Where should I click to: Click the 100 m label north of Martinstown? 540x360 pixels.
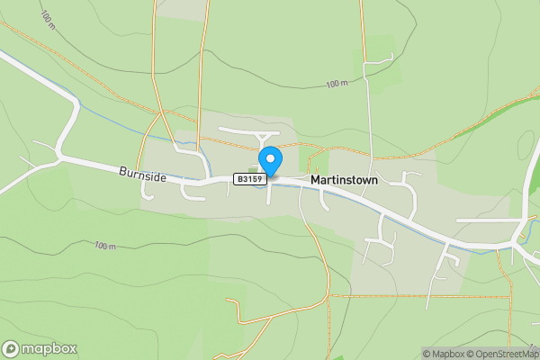coord(337,84)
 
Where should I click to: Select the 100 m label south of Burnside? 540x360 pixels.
coord(106,245)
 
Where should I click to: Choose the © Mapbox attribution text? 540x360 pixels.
coord(442,354)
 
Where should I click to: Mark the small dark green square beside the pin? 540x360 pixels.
coord(252,168)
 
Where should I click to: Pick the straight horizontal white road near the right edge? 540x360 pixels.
coord(486,220)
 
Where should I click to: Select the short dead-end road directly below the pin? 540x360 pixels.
coord(268,193)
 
